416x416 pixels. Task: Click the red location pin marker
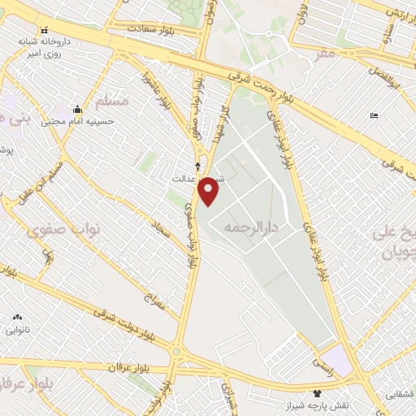coord(210,190)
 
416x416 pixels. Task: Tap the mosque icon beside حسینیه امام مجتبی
coord(77,109)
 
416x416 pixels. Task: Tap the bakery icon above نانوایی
coord(17,318)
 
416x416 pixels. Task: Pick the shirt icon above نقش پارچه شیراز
coord(317,393)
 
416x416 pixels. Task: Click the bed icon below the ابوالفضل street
coord(374,116)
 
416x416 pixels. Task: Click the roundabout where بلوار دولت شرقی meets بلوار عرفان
coord(178,352)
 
